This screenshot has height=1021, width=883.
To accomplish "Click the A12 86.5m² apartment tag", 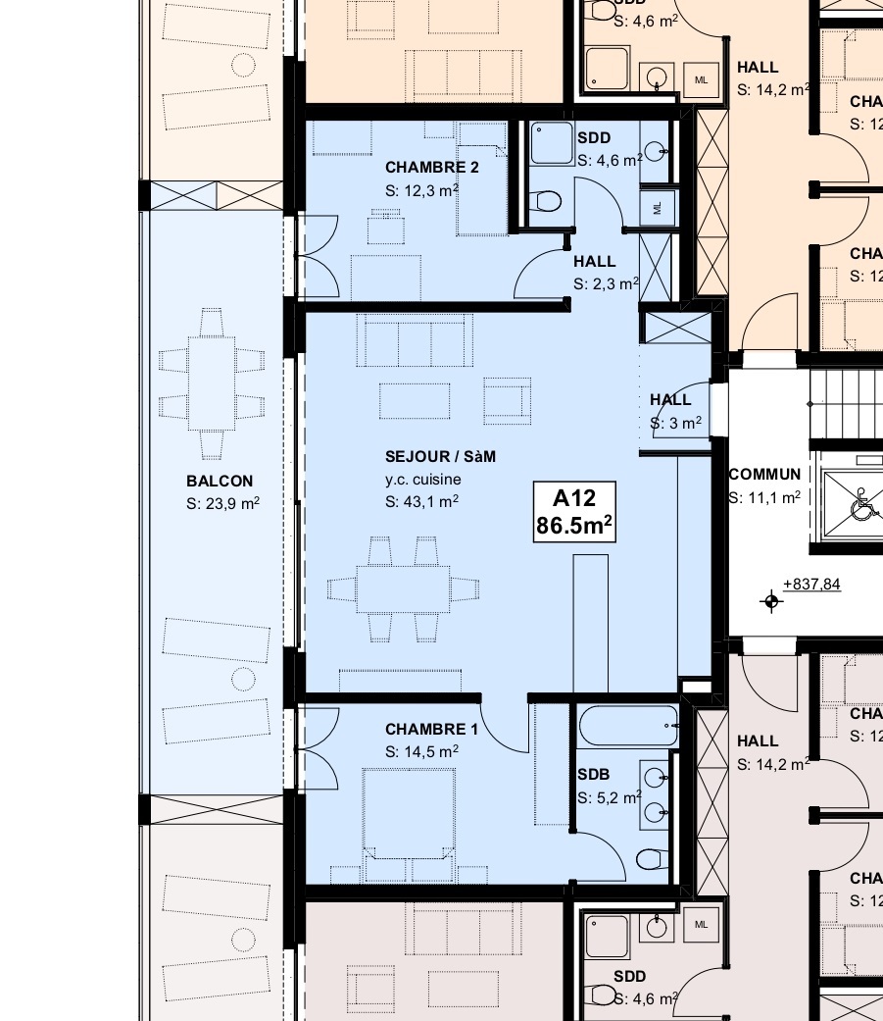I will click(574, 511).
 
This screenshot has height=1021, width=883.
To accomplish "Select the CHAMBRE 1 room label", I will click(431, 729).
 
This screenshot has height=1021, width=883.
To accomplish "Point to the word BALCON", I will click(220, 481).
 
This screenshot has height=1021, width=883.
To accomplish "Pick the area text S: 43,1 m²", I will click(422, 501).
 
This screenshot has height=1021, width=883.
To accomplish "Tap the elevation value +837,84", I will click(811, 585).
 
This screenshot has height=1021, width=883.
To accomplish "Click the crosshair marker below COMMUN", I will click(772, 601).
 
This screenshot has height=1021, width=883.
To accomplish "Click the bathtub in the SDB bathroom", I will click(627, 727).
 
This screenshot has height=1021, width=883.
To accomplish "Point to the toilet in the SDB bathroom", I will click(650, 860).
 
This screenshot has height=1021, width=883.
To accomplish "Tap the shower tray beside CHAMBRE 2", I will click(551, 145).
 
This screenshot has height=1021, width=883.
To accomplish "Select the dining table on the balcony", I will click(212, 382).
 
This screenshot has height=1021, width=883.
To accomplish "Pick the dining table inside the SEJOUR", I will click(403, 588).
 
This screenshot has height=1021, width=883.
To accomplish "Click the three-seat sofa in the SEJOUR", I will click(415, 339).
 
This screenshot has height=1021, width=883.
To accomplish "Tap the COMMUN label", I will click(764, 474).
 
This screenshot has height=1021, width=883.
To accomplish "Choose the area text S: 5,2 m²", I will click(610, 797).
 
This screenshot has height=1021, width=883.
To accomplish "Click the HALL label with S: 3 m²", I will click(670, 399).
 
